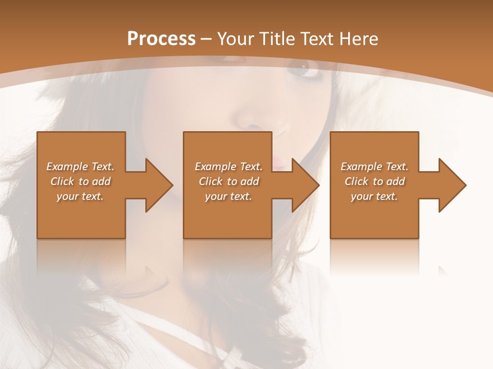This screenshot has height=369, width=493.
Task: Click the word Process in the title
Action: (161, 39)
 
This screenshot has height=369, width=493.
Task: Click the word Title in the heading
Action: (276, 39)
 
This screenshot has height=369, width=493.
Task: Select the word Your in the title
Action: (236, 39)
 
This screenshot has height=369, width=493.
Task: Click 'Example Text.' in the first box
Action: (80, 167)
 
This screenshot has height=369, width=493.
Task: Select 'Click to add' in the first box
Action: (80, 181)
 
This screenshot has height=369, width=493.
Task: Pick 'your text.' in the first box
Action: (80, 196)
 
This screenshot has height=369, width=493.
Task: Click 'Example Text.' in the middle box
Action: (229, 167)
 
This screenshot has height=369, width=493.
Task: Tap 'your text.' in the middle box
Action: (229, 196)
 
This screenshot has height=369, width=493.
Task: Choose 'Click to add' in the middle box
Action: (229, 181)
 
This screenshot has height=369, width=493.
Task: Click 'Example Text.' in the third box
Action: (374, 167)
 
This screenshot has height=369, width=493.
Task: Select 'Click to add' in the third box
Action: (374, 181)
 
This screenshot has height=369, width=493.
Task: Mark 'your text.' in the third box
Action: (374, 196)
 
